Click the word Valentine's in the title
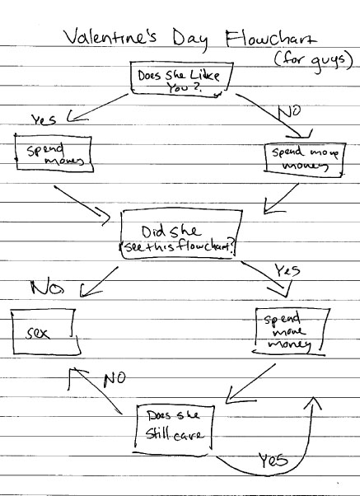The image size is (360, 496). (110, 36)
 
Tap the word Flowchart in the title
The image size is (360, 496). (270, 39)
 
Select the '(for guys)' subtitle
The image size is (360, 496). (313, 60)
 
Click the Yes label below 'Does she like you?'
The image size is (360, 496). (44, 119)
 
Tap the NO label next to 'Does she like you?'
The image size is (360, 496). (289, 112)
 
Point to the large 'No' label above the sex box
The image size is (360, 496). (47, 288)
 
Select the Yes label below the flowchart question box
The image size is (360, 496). (288, 271)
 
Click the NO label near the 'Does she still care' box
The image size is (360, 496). (115, 379)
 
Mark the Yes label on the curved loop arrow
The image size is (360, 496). (274, 461)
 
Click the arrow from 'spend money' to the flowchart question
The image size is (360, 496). (82, 204)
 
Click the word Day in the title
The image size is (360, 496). (190, 40)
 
